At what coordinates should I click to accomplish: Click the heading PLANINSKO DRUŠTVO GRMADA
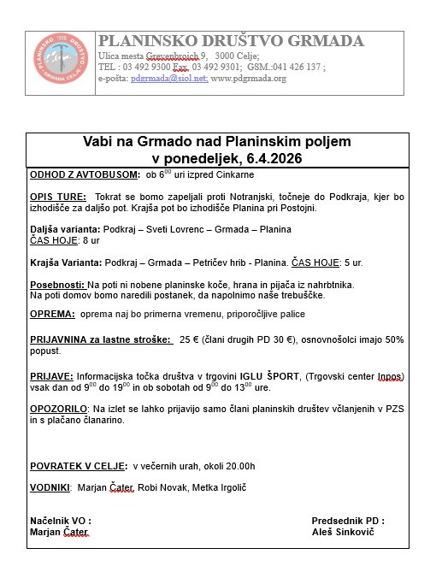[x=231, y=42]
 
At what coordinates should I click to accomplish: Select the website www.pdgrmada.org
[x=248, y=79]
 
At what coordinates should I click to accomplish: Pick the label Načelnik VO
[x=60, y=520]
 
